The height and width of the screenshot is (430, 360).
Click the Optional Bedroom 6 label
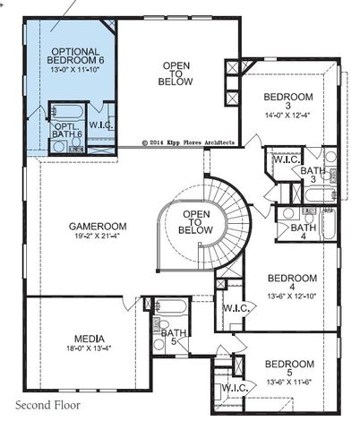point(76,59)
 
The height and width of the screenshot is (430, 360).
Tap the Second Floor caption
point(48,405)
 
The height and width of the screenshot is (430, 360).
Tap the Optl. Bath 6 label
point(68,130)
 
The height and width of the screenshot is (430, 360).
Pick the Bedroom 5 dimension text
point(289,380)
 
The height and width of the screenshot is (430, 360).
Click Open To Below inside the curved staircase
point(196,222)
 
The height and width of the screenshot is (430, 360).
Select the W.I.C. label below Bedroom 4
point(236,307)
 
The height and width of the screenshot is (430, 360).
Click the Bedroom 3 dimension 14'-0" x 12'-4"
point(287,114)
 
